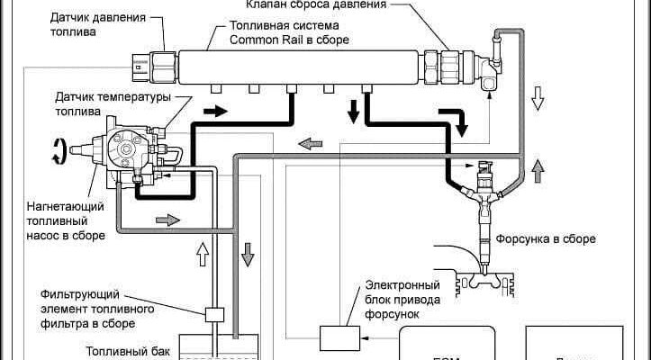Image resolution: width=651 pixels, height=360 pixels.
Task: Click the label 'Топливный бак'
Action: pos(123,352)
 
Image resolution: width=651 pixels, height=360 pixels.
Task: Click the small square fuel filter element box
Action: pos(214,315)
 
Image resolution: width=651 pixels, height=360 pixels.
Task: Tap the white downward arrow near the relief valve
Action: pos(538,97)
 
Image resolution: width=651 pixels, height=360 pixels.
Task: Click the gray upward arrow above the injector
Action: pos(538,168)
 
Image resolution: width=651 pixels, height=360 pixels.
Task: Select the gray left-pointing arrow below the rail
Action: pos(309,141)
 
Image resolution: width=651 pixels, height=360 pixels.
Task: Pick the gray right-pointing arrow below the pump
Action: pos(168,219)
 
